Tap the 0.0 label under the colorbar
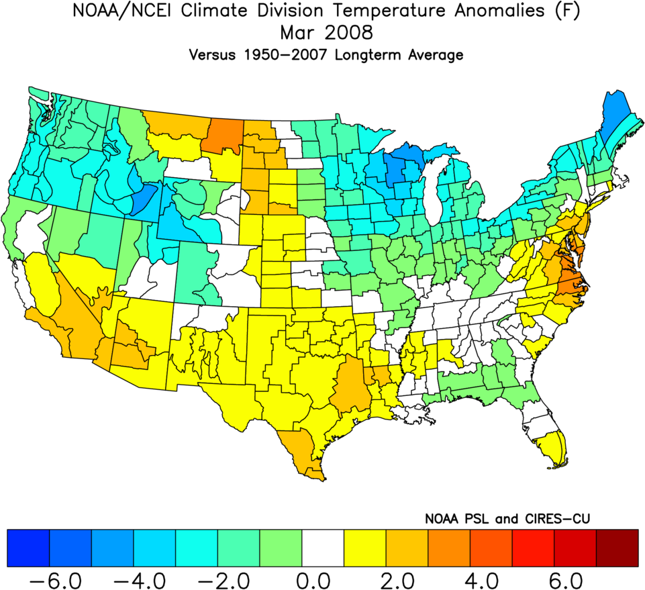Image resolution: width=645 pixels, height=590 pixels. point(322,578)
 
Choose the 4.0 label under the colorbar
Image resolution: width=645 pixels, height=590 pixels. point(491,578)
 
